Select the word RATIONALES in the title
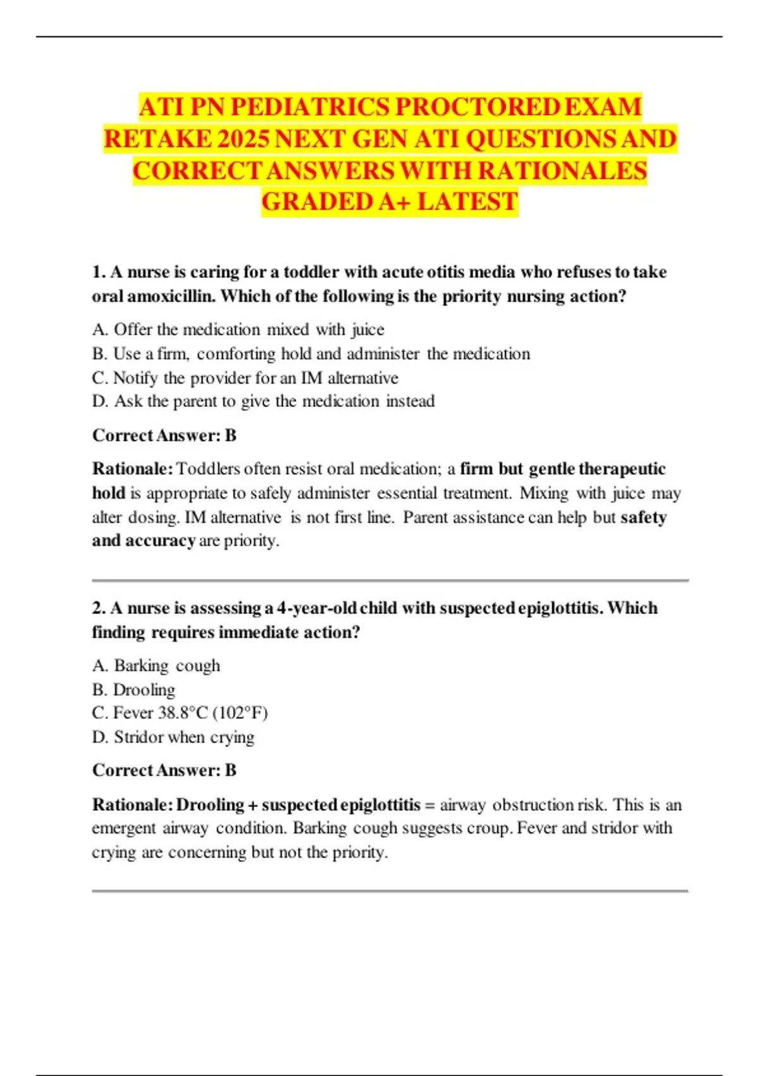562,171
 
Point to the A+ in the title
395,202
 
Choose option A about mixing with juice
238,330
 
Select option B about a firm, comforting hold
311,354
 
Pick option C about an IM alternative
245,378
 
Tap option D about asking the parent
263,401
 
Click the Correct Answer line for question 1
164,435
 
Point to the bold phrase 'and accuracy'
144,541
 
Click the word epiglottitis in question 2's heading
559,608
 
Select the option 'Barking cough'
156,666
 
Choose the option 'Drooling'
133,689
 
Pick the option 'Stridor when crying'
173,737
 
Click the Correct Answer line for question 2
164,770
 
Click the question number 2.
99,608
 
